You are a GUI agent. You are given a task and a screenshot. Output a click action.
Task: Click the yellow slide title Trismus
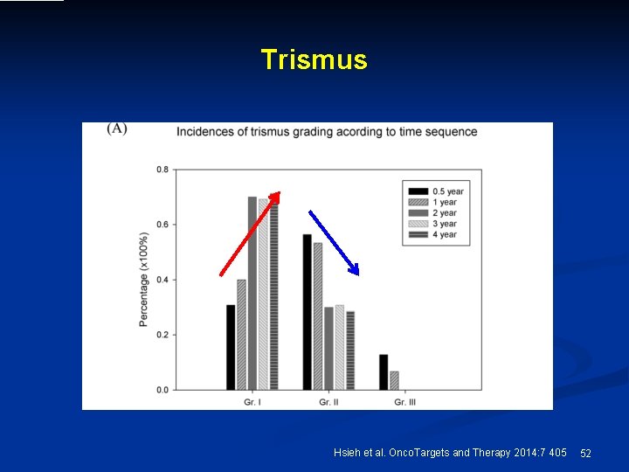314,59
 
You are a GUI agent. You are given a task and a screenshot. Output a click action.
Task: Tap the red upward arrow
250,233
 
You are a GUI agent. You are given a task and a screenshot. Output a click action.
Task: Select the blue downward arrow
333,242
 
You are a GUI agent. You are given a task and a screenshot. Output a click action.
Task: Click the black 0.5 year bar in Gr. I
231,347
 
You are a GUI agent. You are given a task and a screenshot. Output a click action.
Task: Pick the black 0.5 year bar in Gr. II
307,312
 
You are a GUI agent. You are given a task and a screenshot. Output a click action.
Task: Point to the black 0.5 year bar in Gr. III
384,371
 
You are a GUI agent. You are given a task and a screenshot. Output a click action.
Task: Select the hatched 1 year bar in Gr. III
394,380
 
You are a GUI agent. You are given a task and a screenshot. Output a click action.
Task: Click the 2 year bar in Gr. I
252,293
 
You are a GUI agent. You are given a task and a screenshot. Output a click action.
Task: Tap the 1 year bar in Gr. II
317,316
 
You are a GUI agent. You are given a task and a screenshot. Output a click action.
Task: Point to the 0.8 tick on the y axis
162,170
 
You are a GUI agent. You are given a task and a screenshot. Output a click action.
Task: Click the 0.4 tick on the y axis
162,280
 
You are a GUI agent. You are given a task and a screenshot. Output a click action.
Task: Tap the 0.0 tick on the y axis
162,390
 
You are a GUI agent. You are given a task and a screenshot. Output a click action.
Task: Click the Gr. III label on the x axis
404,402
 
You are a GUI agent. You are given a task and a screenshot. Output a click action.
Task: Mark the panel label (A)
117,129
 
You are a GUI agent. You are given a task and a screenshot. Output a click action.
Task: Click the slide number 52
585,453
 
